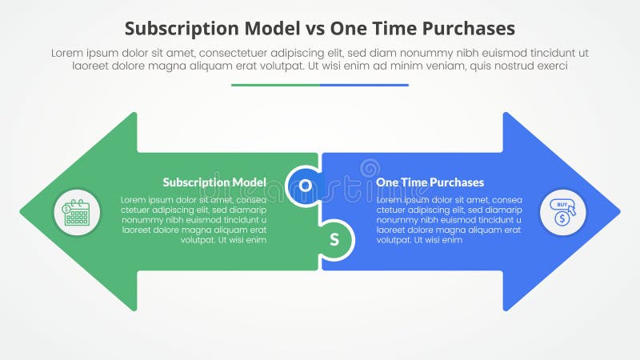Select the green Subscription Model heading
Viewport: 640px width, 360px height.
214,182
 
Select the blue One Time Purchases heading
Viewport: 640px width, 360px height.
430,182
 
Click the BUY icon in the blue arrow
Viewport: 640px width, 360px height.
563,212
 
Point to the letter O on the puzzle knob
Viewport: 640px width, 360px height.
305,186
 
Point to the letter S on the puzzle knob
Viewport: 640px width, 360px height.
334,239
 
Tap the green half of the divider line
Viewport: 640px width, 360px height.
275,85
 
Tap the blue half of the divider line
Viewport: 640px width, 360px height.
364,85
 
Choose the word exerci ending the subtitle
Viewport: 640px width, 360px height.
550,66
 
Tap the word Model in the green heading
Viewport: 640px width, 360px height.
249,182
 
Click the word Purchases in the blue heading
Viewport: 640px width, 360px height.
457,182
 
